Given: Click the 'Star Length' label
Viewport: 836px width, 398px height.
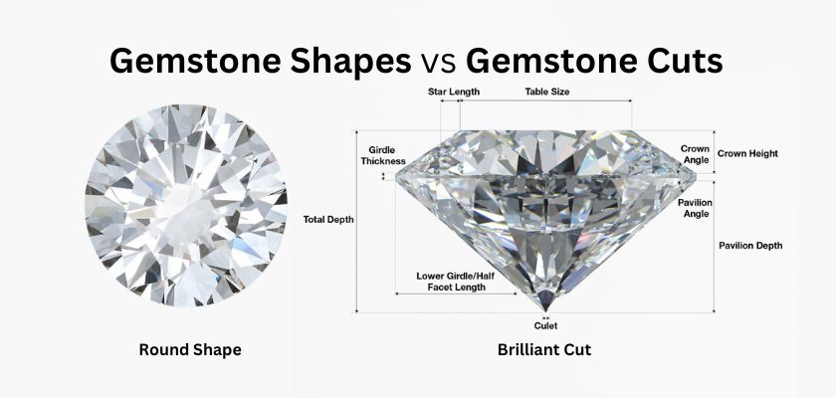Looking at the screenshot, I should click(454, 92).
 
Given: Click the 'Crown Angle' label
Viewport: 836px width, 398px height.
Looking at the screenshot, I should click(695, 153).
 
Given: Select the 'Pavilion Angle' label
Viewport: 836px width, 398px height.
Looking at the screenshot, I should click(695, 207).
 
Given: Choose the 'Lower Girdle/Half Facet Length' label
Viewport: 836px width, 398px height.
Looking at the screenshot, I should click(451, 281).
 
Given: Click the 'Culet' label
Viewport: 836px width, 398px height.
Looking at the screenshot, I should click(545, 325).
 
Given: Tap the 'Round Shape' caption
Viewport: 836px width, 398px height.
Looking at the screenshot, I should click(189, 350).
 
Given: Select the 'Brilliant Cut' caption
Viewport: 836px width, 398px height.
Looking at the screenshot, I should click(544, 350).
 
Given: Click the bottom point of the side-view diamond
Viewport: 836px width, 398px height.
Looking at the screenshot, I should click(544, 309).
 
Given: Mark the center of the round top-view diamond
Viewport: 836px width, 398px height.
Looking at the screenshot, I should click(186, 206).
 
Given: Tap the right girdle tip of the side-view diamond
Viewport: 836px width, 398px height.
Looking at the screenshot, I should click(694, 176).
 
